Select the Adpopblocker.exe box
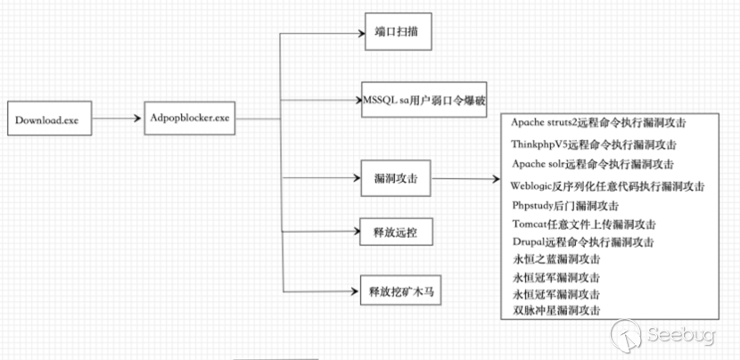point(192,119)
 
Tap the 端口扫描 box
point(398,34)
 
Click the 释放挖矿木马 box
point(399,291)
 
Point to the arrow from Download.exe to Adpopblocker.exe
point(118,119)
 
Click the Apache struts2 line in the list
point(604,121)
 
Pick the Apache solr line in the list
point(594,165)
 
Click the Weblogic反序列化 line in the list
point(608,186)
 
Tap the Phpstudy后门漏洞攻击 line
point(567,206)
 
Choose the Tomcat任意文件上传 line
point(585,225)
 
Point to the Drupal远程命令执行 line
point(585,242)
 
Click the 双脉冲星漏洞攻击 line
point(557,309)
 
